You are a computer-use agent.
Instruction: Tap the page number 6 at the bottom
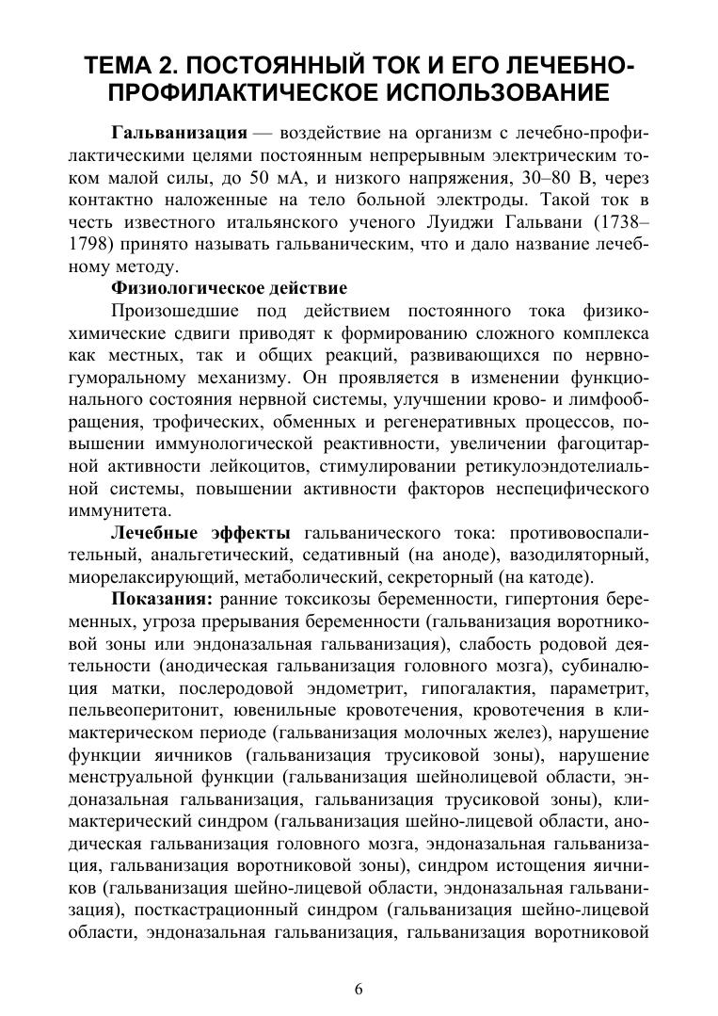click(358, 989)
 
